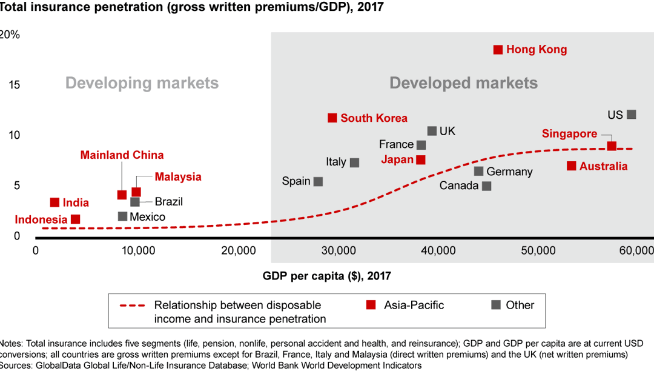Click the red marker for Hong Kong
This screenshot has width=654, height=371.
click(x=498, y=50)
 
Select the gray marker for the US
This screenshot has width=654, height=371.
click(x=632, y=115)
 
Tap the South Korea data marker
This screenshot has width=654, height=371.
click(x=332, y=118)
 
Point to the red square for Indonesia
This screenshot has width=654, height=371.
click(x=75, y=219)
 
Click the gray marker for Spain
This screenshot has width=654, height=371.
click(x=318, y=181)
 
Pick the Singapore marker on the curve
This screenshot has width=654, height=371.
click(x=612, y=146)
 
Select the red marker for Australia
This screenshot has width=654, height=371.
click(x=571, y=166)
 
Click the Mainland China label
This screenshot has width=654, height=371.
click(x=122, y=155)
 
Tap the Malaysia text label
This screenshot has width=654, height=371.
click(x=177, y=177)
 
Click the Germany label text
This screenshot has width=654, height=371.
click(x=509, y=172)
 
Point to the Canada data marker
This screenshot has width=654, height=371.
click(x=486, y=186)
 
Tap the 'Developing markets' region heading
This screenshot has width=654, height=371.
click(x=142, y=83)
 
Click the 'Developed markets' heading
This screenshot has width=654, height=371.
click(x=463, y=83)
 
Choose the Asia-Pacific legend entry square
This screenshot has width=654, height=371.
click(x=371, y=305)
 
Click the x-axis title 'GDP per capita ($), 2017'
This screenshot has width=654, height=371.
click(x=326, y=276)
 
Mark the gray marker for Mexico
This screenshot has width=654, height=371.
click(x=122, y=216)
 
